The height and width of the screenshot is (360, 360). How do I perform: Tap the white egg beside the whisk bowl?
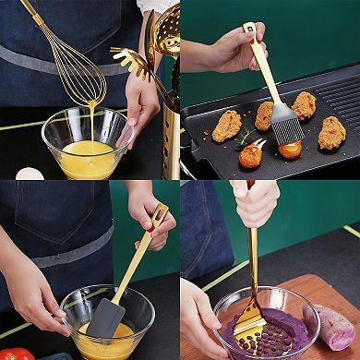30,173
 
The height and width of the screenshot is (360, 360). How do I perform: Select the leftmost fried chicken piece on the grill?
226,126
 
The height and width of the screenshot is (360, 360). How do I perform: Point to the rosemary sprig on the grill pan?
246,140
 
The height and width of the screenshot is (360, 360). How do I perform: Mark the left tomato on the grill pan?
249,156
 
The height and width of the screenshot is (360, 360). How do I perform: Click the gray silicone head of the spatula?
105,318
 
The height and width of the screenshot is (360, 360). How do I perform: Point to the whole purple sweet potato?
333,326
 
